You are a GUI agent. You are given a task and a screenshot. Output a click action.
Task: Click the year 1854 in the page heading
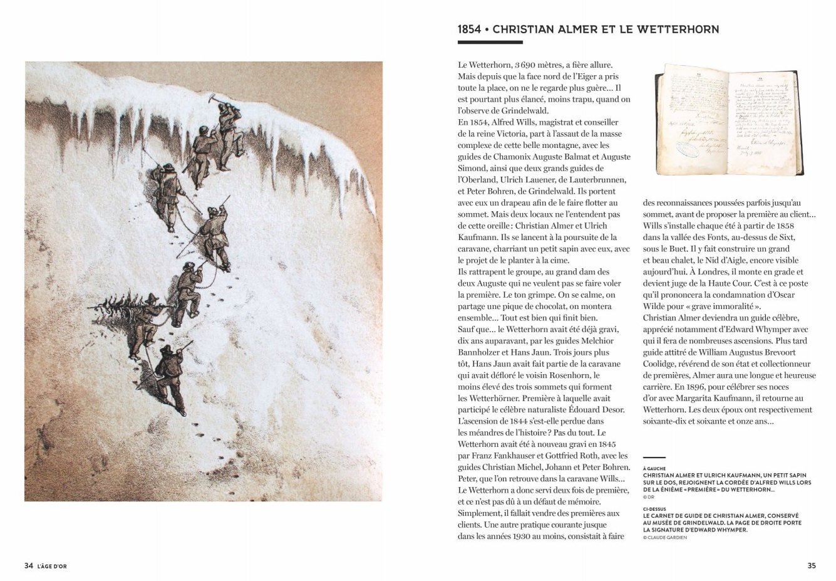click(x=469, y=29)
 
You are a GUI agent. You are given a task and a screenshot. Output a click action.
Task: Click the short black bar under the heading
click(x=490, y=43)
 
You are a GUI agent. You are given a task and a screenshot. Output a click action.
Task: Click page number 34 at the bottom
click(x=28, y=565)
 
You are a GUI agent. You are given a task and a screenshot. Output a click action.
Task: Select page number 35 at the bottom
click(x=811, y=565)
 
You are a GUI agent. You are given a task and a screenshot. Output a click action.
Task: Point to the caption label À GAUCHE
click(x=654, y=468)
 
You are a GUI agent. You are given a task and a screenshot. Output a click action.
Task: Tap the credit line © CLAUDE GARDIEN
click(x=664, y=537)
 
